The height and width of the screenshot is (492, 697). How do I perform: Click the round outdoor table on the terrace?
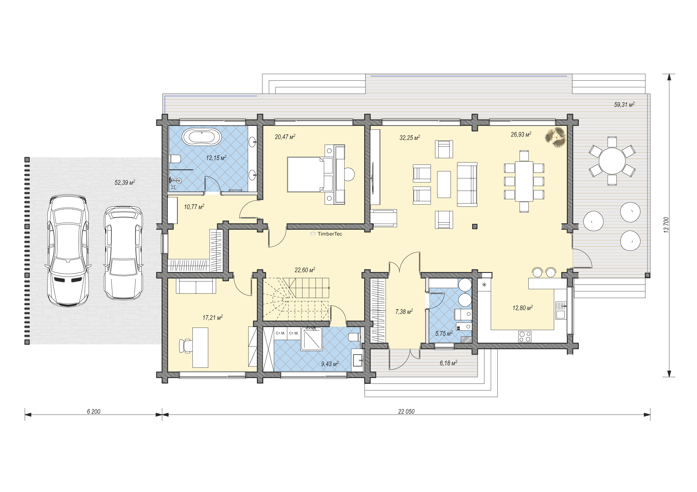coord(612,161)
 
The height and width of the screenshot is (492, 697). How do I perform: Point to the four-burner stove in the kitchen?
coord(525,336)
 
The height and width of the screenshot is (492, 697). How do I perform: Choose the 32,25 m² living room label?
coord(409,138)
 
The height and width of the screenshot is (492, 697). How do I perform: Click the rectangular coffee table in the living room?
coord(444,184)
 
